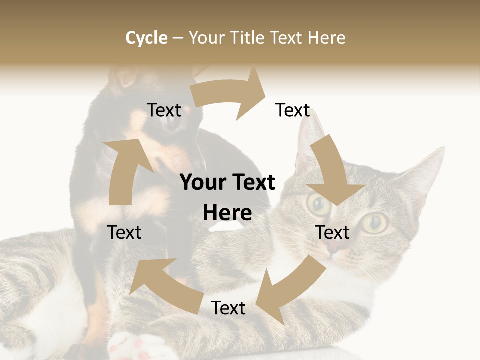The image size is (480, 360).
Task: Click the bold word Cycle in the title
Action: [146, 38]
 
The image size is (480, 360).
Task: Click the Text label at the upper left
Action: [164, 110]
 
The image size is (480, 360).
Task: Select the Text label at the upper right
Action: [293, 110]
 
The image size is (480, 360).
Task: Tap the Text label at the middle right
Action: [332, 232]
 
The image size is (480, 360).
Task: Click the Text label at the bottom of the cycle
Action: [228, 308]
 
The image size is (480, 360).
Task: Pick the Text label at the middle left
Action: [124, 232]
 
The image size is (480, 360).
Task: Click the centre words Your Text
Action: [228, 183]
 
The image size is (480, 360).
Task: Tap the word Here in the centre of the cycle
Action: [227, 213]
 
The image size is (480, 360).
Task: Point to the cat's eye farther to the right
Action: [376, 222]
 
